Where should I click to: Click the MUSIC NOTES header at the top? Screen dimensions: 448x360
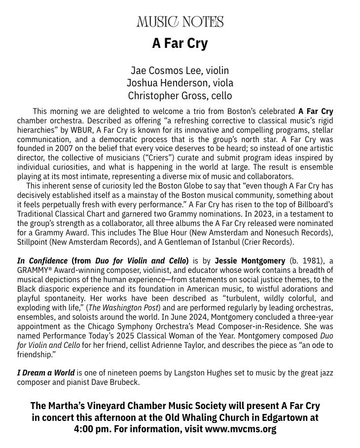coord(180,22)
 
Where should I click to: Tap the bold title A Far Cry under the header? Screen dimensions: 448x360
coord(180,43)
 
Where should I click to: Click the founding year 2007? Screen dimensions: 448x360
coord(64,149)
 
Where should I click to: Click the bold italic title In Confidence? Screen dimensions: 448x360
coord(42,261)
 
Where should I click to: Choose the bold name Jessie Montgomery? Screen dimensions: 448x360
coord(250,261)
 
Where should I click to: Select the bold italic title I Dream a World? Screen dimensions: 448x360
coord(46,373)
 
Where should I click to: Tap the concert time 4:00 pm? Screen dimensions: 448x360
coord(92,429)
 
